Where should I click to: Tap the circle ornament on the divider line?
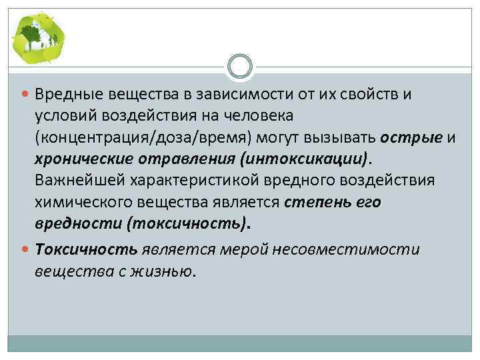239,67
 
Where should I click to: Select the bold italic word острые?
411,137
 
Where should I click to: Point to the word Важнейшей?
74,181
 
